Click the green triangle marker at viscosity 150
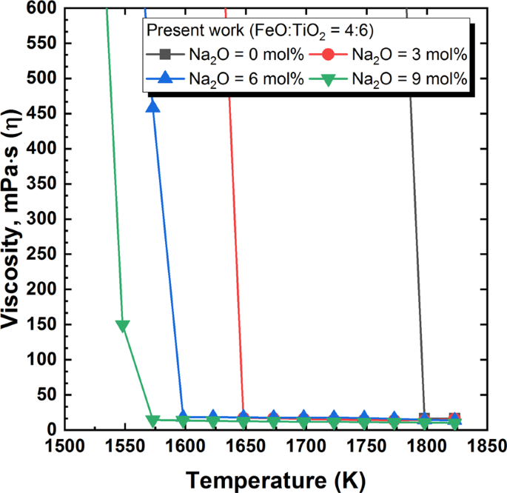click(123, 326)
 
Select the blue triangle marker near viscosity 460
click(153, 107)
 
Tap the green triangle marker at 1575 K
click(153, 420)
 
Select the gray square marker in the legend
click(164, 55)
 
